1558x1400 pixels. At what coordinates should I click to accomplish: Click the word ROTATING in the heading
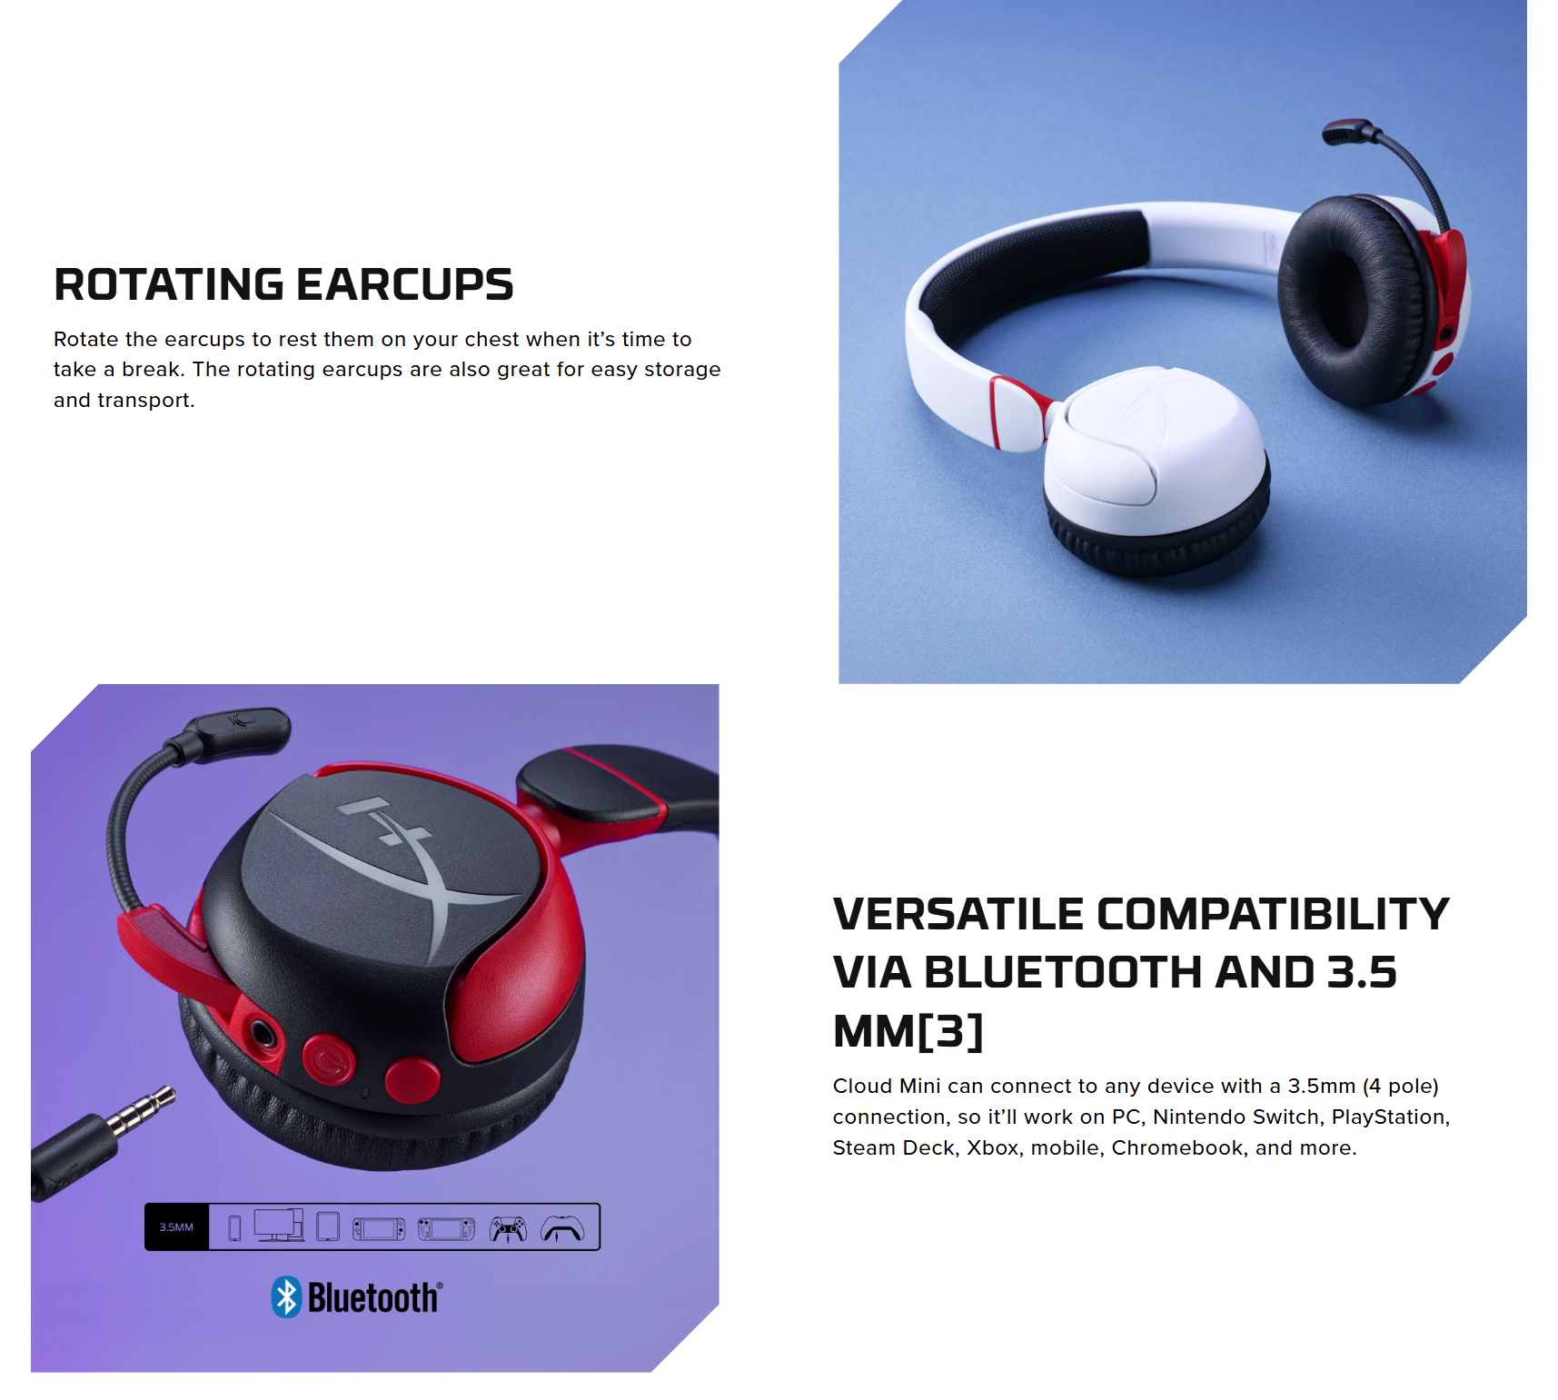pos(169,284)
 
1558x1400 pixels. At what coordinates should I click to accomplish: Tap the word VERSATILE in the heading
pos(958,914)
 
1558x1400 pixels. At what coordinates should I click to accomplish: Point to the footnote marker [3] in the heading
pos(951,1031)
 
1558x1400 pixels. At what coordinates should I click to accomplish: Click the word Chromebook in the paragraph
pos(1177,1147)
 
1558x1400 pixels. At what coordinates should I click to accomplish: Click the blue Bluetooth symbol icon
pos(286,1297)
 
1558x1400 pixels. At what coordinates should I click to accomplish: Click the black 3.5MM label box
pos(177,1227)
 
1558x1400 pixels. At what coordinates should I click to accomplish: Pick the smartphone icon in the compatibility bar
pos(234,1228)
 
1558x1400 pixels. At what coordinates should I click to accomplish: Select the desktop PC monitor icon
pos(279,1226)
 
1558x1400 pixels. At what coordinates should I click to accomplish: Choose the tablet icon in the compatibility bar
pos(328,1226)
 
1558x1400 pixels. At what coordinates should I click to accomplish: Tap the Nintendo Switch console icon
pos(379,1229)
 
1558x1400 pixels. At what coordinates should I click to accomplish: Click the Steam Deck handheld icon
pos(446,1229)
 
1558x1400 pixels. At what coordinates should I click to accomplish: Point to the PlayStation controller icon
pos(508,1229)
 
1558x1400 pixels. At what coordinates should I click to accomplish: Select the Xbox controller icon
pos(562,1229)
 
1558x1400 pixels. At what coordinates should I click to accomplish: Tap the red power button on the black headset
pos(329,1060)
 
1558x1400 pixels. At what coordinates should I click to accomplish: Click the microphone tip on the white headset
pos(1345,133)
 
